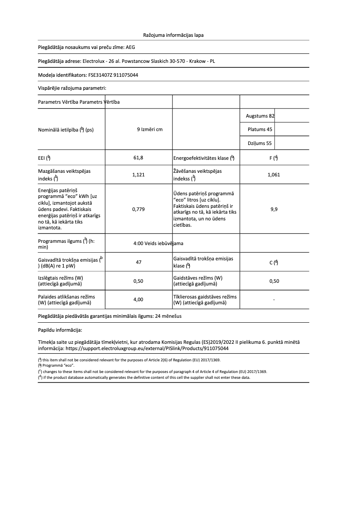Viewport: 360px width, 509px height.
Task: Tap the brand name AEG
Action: tap(130, 47)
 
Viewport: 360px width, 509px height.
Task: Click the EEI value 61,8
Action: tap(139, 158)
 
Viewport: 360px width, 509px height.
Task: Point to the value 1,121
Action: tap(139, 175)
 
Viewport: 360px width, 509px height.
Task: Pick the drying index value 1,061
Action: tap(273, 175)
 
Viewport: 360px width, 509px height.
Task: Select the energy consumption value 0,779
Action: tap(139, 209)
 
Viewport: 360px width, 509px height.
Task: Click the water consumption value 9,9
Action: tap(273, 209)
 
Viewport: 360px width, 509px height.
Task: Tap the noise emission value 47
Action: tap(139, 262)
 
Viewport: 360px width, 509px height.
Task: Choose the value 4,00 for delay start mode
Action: tap(139, 299)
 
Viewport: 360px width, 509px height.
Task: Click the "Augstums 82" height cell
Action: tap(260, 116)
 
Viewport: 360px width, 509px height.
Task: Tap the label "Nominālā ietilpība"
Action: tap(58, 130)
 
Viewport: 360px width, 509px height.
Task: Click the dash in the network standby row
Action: tap(274, 299)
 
